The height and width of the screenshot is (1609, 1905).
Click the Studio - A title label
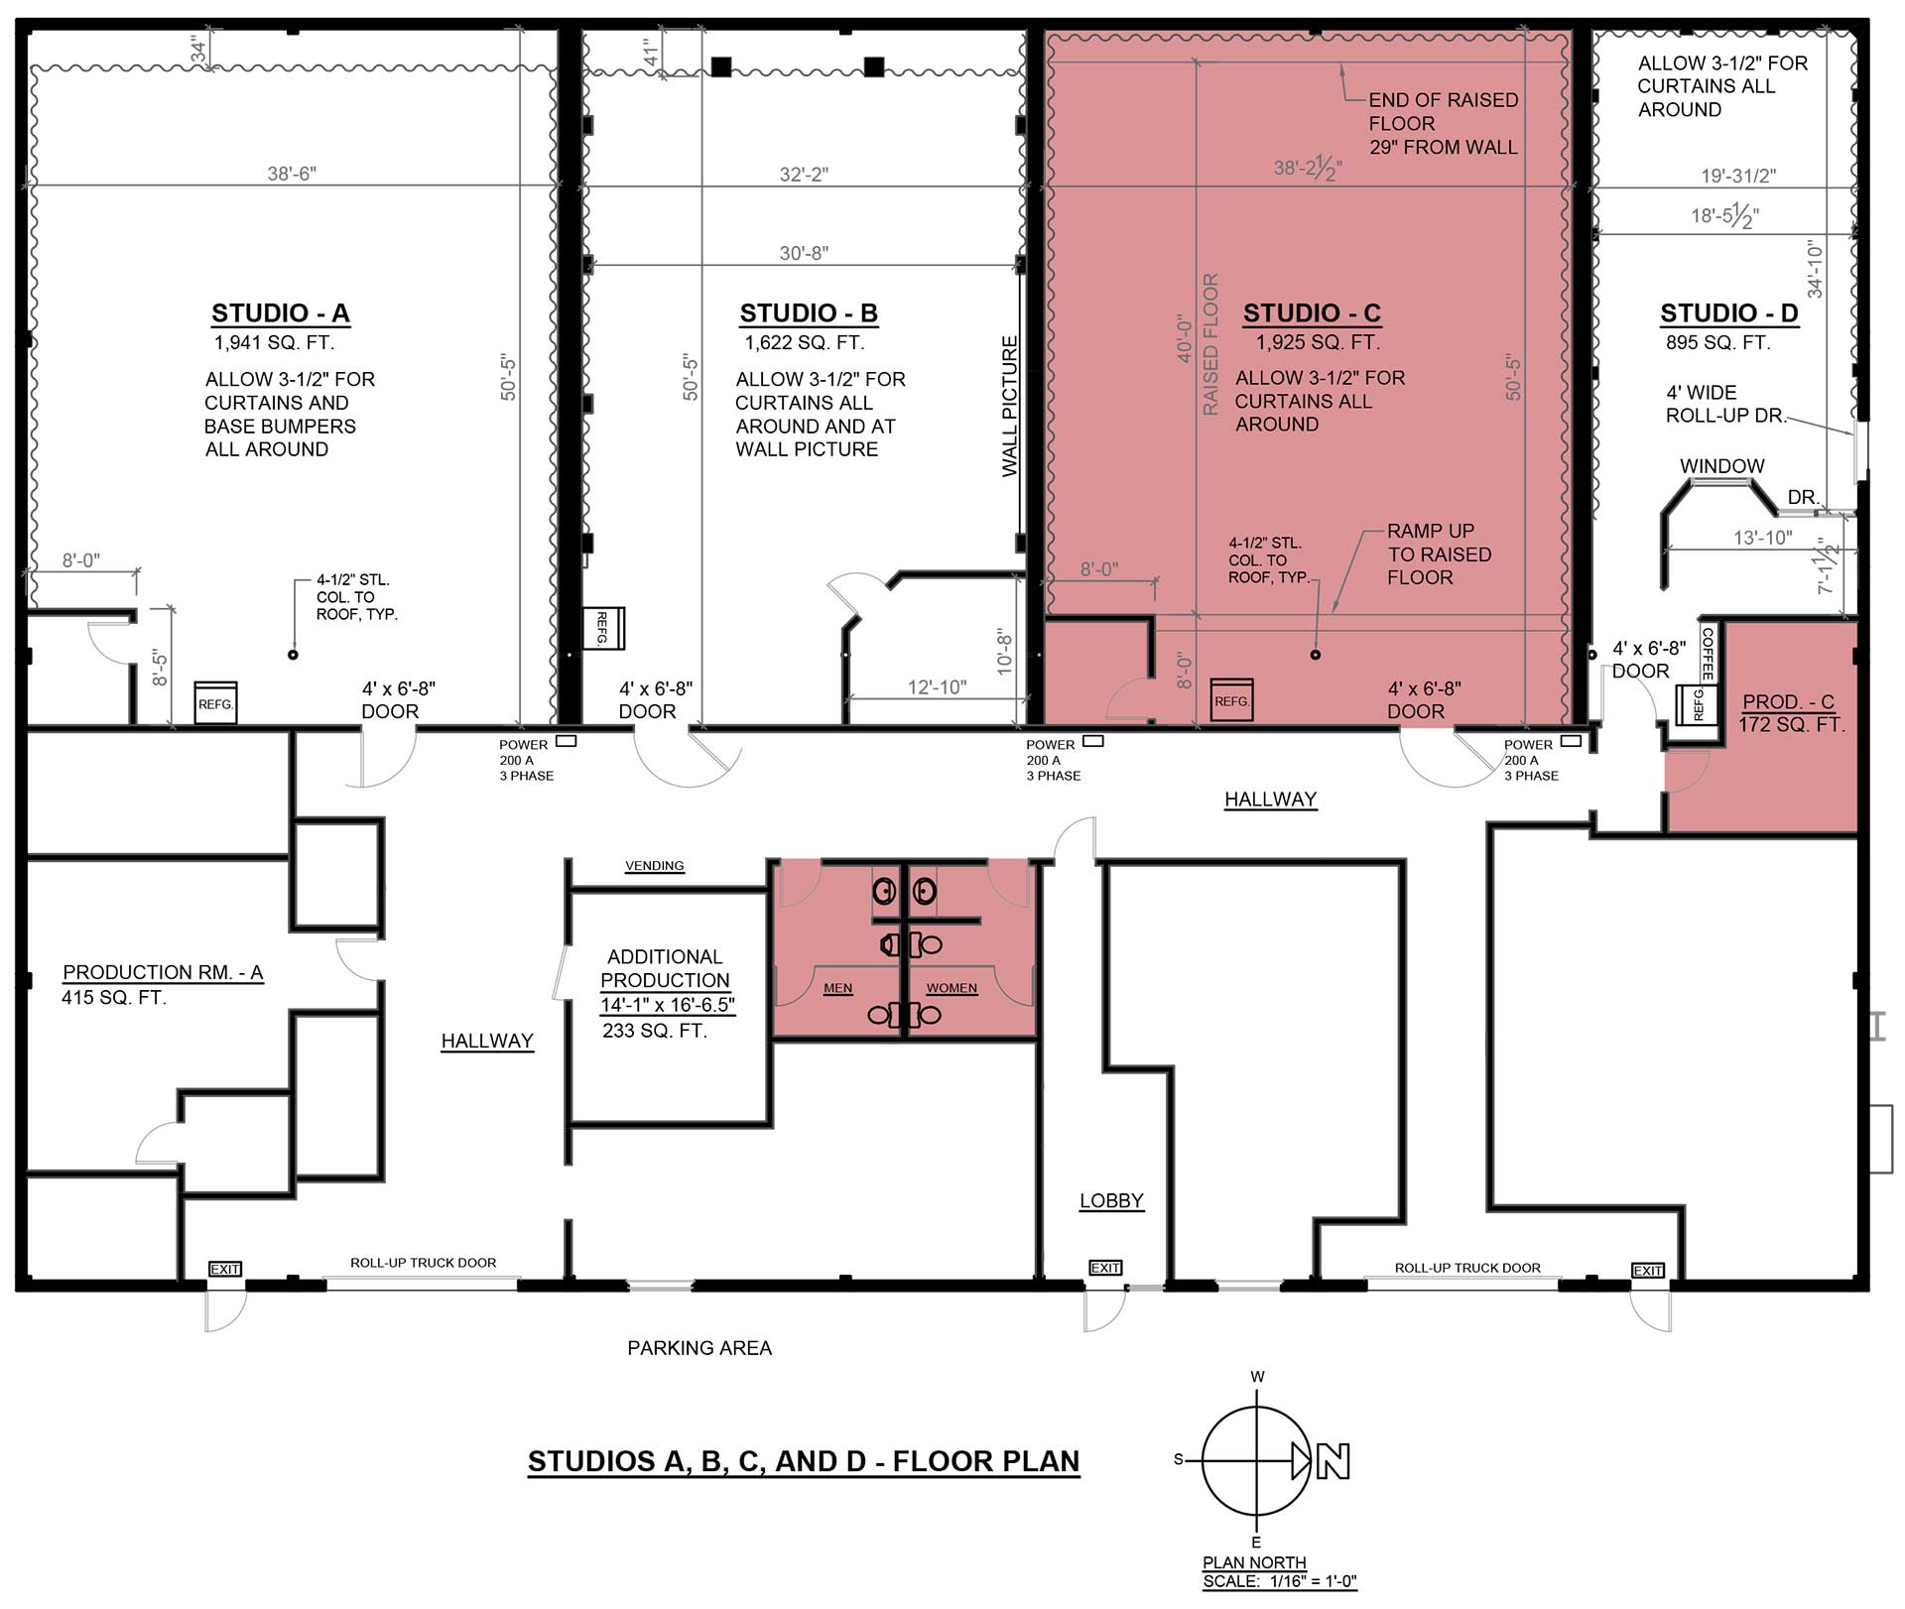(281, 313)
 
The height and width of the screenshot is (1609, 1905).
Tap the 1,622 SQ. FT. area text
(805, 343)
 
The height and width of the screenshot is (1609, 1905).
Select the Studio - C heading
(1312, 313)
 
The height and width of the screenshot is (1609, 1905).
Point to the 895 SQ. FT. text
(1718, 343)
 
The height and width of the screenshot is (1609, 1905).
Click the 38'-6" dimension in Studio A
(292, 175)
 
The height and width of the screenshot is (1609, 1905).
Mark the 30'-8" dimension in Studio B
(804, 254)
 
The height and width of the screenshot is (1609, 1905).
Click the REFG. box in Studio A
(215, 702)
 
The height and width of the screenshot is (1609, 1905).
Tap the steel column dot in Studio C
(1316, 655)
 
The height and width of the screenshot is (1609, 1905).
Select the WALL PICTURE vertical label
(1010, 407)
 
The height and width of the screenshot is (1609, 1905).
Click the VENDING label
(654, 866)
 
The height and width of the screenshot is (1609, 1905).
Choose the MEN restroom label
(837, 988)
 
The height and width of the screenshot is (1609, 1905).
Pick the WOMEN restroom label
(952, 988)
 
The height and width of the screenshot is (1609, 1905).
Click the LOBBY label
(1111, 1201)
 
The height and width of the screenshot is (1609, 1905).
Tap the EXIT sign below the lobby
(1105, 1268)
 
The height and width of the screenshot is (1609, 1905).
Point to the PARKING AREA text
(699, 1348)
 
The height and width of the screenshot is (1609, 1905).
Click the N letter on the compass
(1333, 1461)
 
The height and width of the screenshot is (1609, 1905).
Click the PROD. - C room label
(1788, 702)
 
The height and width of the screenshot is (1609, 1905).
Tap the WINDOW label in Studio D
(1722, 466)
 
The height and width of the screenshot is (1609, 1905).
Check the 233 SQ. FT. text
(655, 1032)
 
